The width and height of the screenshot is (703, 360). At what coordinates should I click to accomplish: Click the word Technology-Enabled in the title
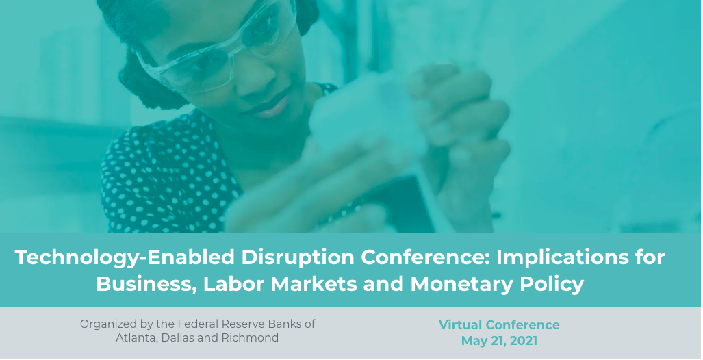click(x=125, y=258)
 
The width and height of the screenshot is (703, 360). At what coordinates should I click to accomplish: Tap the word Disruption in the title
click(x=298, y=258)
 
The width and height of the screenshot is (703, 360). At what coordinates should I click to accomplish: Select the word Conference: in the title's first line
click(x=425, y=257)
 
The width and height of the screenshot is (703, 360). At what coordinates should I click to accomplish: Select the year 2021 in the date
click(x=522, y=341)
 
